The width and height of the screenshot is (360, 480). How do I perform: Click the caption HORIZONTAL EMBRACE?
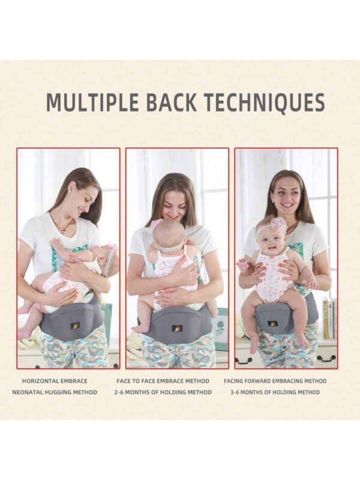click(x=55, y=381)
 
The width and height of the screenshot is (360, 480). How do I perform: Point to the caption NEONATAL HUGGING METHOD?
click(x=55, y=392)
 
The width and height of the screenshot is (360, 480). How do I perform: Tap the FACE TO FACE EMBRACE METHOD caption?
click(x=163, y=381)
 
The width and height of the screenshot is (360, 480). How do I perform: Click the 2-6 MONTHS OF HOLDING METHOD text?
click(x=163, y=392)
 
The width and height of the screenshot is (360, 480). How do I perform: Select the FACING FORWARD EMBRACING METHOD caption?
click(x=275, y=381)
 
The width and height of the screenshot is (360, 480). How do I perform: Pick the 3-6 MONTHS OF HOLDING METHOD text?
click(x=275, y=392)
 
